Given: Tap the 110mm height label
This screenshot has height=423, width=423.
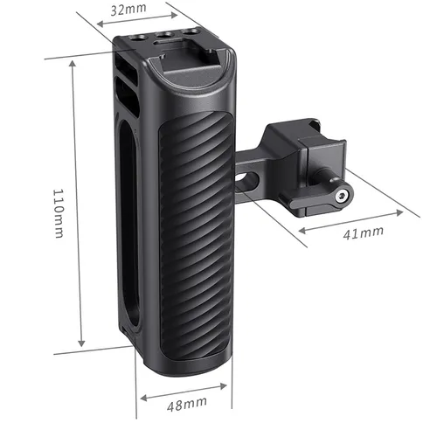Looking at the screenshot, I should pos(59,215).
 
